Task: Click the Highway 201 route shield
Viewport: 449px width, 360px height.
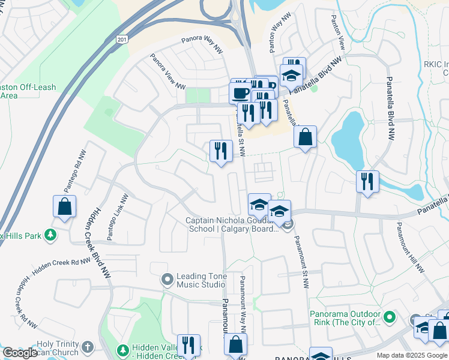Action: pyautogui.click(x=122, y=38)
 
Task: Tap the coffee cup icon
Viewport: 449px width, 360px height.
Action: pyautogui.click(x=240, y=93)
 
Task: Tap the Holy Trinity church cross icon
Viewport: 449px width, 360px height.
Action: pyautogui.click(x=88, y=347)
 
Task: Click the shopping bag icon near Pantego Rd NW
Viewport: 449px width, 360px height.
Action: pyautogui.click(x=64, y=206)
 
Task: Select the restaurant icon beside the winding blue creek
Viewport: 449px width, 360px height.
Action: pyautogui.click(x=368, y=181)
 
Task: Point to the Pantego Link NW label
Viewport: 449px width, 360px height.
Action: pyautogui.click(x=118, y=217)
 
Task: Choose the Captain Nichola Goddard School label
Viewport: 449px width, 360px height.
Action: pyautogui.click(x=233, y=224)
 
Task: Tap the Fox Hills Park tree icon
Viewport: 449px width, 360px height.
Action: pyautogui.click(x=52, y=235)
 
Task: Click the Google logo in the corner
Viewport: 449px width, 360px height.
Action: pyautogui.click(x=19, y=353)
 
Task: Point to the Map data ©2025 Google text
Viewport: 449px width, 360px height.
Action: pyautogui.click(x=411, y=355)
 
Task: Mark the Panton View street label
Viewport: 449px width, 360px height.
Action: pyautogui.click(x=337, y=31)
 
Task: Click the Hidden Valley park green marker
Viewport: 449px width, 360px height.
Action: pyautogui.click(x=122, y=349)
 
